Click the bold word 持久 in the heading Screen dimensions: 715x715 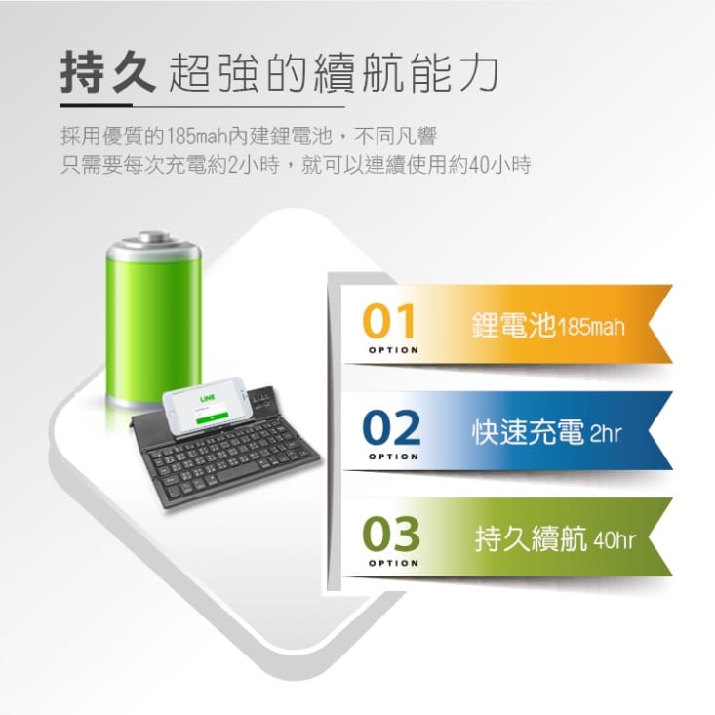(x=108, y=72)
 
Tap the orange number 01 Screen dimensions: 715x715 (x=389, y=321)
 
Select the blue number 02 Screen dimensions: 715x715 (x=391, y=427)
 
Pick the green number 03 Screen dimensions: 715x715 (x=391, y=534)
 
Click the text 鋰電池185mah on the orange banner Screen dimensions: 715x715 (x=548, y=325)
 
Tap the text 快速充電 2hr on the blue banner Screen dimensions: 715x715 (x=547, y=431)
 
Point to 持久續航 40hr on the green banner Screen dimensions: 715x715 (x=555, y=538)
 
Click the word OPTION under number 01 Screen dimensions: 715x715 (x=393, y=350)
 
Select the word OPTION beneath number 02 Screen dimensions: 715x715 (x=393, y=457)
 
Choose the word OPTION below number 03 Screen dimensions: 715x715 (x=393, y=563)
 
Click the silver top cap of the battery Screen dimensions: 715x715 (x=154, y=243)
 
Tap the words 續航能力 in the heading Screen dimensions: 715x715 (x=406, y=73)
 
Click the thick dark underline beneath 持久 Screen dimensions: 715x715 (x=97, y=105)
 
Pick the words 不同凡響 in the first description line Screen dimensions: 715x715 (x=395, y=136)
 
